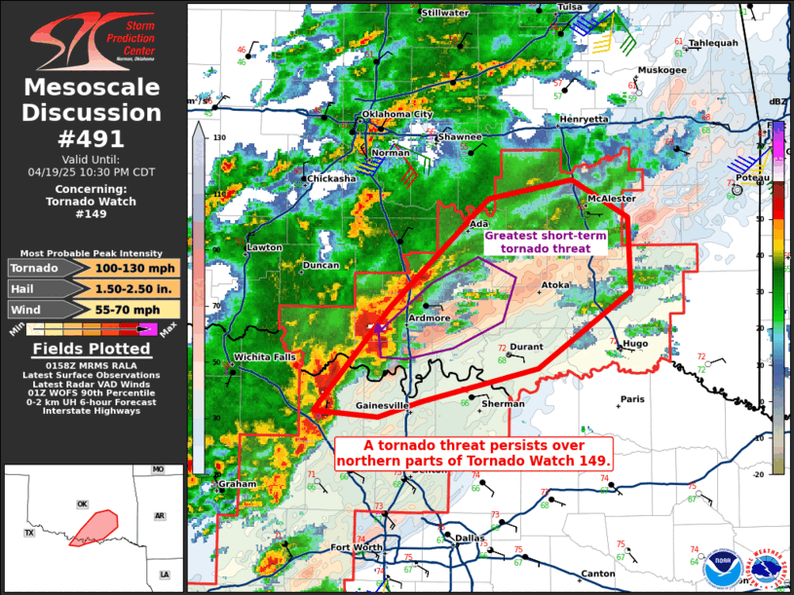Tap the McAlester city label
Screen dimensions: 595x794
click(611, 199)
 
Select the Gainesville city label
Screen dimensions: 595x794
click(383, 404)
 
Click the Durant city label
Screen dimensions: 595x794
click(526, 346)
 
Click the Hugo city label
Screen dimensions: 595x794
click(634, 344)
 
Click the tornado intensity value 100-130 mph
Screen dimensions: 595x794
click(135, 268)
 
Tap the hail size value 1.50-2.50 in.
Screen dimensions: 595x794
click(135, 288)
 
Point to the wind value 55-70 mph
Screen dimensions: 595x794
click(135, 309)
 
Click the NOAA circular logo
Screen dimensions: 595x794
click(723, 563)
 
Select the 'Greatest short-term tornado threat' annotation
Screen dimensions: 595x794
click(545, 242)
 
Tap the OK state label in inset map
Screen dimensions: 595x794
click(83, 503)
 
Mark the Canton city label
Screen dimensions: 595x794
click(597, 574)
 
